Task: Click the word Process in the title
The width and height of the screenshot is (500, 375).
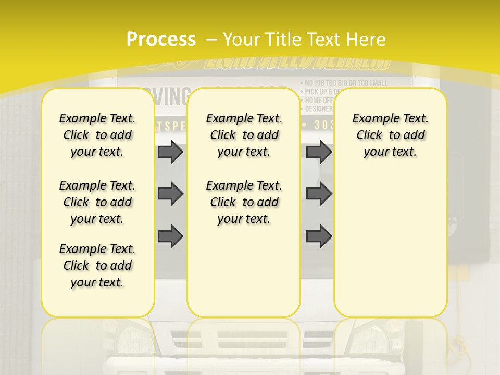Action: click(x=161, y=39)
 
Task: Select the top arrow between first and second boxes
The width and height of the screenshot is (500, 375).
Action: click(x=170, y=152)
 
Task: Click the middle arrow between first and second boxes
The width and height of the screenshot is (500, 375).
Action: click(x=170, y=194)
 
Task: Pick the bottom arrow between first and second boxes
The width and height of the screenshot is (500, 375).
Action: click(x=170, y=235)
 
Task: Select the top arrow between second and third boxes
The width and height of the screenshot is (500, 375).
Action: click(x=319, y=152)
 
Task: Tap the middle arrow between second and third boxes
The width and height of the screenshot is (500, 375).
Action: click(x=319, y=194)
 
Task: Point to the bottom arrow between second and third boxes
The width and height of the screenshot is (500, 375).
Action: click(x=319, y=235)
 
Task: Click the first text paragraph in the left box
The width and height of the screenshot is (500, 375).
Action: click(x=97, y=135)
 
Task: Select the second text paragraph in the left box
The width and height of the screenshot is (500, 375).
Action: click(x=97, y=202)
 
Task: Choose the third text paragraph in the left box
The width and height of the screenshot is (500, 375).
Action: click(x=97, y=266)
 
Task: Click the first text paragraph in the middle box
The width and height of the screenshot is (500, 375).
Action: click(x=244, y=135)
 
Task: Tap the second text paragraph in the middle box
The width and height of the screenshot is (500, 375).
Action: click(x=244, y=202)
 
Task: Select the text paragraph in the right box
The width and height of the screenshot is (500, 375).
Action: click(x=390, y=135)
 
